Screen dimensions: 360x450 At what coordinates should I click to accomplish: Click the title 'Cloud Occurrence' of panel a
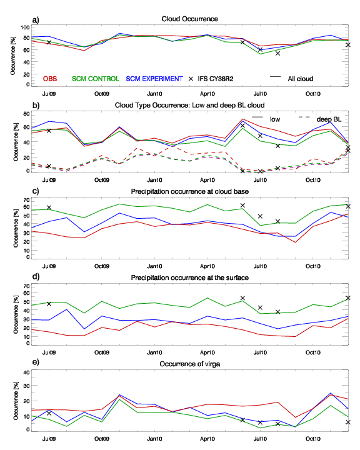(x=189, y=19)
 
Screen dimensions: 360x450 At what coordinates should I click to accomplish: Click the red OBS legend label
(x=50, y=79)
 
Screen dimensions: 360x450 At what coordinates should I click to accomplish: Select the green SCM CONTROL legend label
(x=95, y=79)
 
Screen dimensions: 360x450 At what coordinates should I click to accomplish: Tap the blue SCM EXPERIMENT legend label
(x=154, y=79)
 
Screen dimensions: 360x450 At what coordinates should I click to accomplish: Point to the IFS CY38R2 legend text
(x=215, y=79)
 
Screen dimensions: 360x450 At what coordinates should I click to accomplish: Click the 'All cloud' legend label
(x=300, y=79)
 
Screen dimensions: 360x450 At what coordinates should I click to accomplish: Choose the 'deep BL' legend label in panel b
(x=329, y=119)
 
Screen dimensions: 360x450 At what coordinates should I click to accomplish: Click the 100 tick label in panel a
(x=25, y=27)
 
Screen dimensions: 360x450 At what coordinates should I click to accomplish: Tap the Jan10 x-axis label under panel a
(x=154, y=94)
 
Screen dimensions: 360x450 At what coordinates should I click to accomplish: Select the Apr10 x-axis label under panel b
(x=207, y=180)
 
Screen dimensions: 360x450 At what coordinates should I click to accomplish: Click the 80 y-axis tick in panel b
(x=26, y=114)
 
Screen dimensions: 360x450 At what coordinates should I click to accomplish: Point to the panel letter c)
(x=36, y=191)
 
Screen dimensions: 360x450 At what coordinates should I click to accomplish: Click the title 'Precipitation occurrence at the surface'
(x=190, y=277)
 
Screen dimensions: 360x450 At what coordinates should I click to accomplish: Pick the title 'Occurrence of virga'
(x=190, y=364)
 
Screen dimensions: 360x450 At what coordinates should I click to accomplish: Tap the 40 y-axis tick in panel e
(x=26, y=372)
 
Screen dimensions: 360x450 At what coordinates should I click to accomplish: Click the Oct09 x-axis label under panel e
(x=102, y=439)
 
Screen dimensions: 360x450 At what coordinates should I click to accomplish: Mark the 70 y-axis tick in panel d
(x=26, y=286)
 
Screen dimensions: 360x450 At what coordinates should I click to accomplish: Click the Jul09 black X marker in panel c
(x=49, y=207)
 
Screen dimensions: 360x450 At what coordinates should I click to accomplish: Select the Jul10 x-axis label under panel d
(x=260, y=352)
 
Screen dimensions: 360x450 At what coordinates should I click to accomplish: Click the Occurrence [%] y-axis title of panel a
(x=13, y=56)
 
